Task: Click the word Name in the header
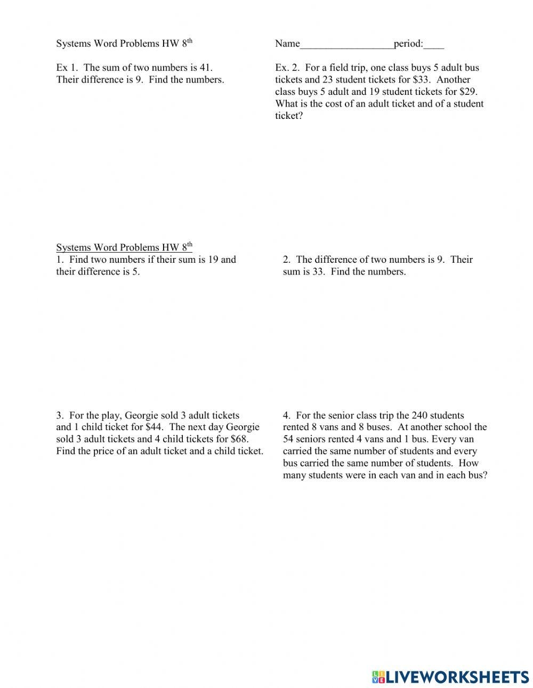tap(287, 44)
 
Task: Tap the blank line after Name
tap(346, 46)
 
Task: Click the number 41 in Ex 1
tap(205, 68)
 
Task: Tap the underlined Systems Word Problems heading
tap(124, 247)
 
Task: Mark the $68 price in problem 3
tap(239, 439)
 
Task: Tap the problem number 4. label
tap(287, 416)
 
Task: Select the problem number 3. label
tap(60, 416)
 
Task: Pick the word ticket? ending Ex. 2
tap(289, 116)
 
